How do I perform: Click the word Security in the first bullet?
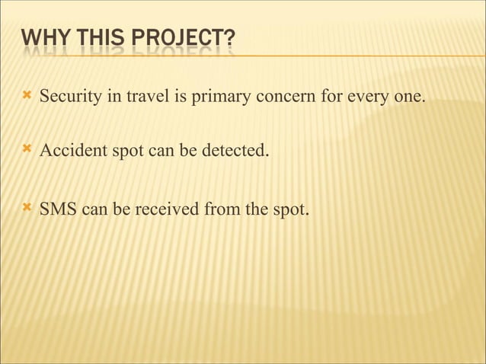pos(68,97)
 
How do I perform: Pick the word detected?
pos(236,151)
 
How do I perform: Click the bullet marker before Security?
pos(27,96)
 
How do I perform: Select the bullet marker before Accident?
pos(27,149)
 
